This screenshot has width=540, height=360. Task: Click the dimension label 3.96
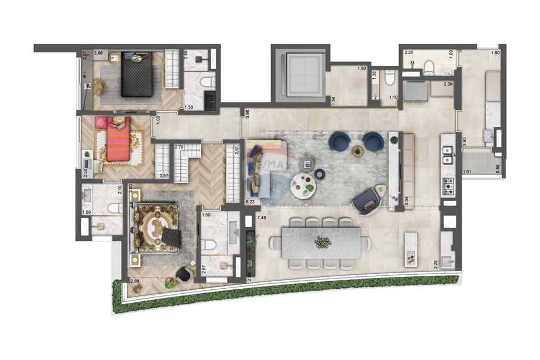tap(98, 53)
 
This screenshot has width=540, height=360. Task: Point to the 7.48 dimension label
tap(262, 218)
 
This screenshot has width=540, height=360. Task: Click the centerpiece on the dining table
tap(323, 242)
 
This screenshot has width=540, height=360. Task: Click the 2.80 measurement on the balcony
tap(135, 281)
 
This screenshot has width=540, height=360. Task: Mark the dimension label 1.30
tap(188, 107)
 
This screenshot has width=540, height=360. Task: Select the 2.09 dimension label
tap(448, 84)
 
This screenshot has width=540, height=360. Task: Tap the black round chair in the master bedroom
tap(184, 274)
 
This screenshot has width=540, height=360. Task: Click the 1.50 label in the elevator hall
tap(362, 69)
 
